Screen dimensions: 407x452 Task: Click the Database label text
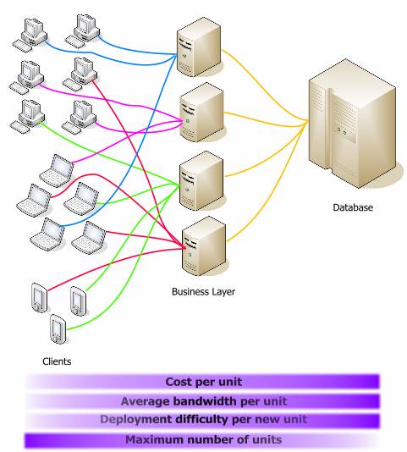(353, 207)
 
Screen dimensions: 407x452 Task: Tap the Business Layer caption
(203, 291)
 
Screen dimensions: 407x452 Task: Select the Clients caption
(57, 361)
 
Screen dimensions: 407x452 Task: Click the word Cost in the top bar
(179, 382)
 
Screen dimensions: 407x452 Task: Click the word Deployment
(136, 419)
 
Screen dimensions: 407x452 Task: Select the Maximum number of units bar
(201, 440)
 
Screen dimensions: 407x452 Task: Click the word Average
(145, 401)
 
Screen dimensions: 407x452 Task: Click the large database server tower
(353, 124)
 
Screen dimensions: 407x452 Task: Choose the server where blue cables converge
(199, 47)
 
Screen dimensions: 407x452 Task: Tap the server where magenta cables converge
(201, 112)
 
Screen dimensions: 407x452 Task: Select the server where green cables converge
(201, 180)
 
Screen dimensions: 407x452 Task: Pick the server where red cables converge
(203, 245)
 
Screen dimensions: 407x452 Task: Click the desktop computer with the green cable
(27, 117)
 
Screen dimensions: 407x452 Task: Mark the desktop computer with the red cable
(80, 74)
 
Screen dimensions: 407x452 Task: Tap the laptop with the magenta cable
(57, 170)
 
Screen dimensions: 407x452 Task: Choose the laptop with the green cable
(81, 199)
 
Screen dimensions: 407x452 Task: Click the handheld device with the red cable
(39, 297)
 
